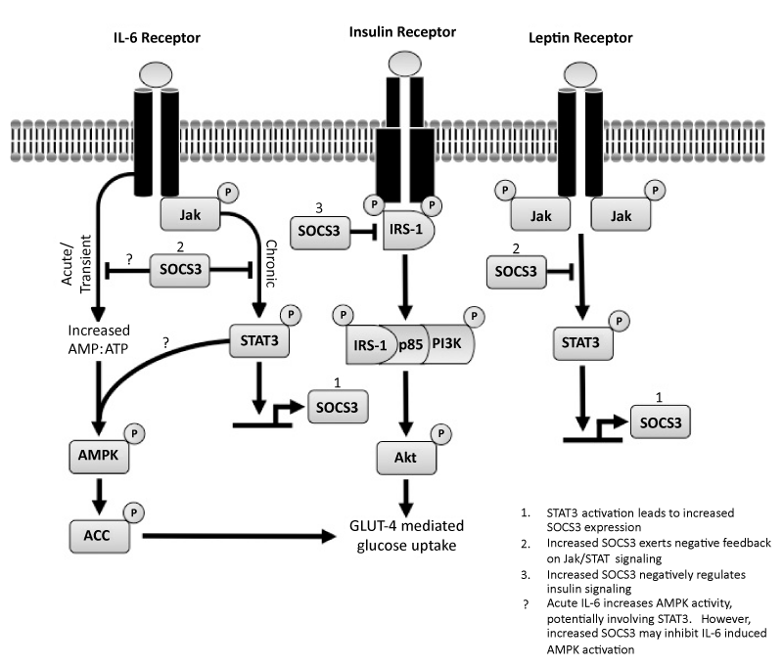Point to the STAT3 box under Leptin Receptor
[x=577, y=347]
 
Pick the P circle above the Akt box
[x=441, y=432]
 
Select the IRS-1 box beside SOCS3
[x=405, y=235]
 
